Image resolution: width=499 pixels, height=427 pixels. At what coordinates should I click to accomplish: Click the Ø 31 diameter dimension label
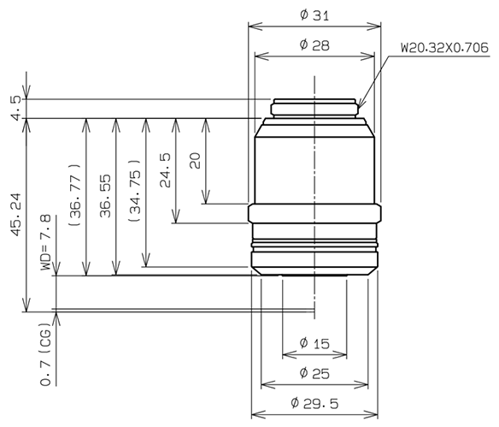tap(314, 15)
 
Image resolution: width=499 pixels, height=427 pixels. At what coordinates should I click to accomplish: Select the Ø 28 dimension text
tap(314, 45)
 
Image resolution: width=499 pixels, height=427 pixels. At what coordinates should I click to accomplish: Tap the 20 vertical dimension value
tap(194, 161)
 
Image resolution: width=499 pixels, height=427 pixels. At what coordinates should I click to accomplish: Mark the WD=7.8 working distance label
tap(46, 243)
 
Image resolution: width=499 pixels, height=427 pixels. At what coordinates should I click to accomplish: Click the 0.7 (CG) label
tap(44, 354)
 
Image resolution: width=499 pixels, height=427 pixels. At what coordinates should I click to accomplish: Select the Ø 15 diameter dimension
tap(314, 344)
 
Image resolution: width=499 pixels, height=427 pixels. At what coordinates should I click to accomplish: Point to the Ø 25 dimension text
tap(314, 373)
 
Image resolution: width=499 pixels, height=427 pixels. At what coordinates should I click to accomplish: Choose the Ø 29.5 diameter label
tap(314, 403)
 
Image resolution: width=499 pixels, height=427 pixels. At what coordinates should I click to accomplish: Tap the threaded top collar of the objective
tap(314, 109)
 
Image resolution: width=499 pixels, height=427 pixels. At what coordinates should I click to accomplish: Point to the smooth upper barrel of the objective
tap(314, 163)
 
